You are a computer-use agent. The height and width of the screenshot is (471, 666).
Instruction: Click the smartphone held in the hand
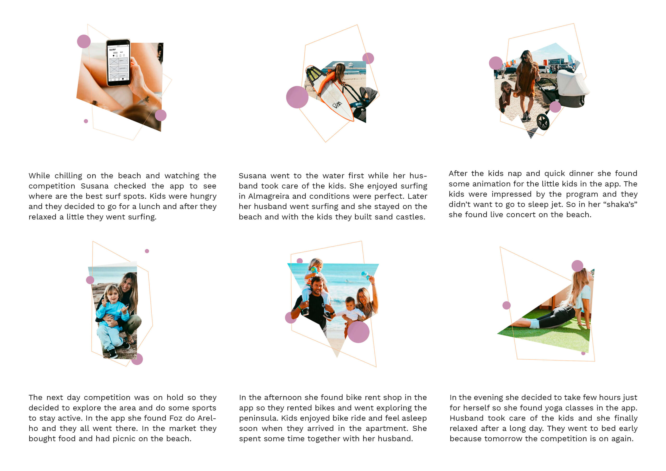(118, 63)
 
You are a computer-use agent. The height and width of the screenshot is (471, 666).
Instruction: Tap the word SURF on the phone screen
(112, 50)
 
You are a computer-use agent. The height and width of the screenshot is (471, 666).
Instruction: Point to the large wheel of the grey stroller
(543, 122)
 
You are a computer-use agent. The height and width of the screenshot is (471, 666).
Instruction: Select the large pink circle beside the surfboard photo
(297, 97)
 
